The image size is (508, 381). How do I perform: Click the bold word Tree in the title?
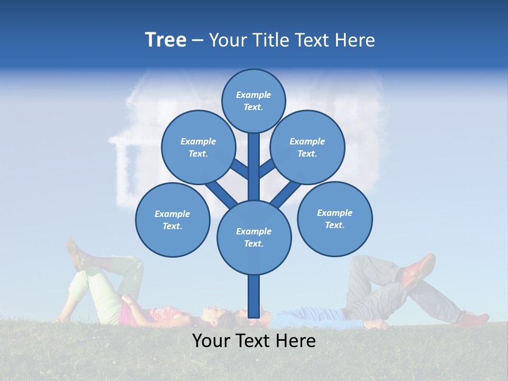[x=166, y=40]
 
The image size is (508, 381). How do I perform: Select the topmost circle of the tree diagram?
[x=253, y=101]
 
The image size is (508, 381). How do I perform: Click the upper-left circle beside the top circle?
[x=198, y=147]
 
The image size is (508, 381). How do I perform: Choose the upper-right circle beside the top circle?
[x=307, y=147]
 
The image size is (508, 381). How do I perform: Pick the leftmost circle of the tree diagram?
[x=173, y=220]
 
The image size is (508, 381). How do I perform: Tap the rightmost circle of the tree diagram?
[x=334, y=219]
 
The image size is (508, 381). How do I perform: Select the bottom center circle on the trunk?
[x=254, y=237]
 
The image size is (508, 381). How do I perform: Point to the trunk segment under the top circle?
[x=254, y=164]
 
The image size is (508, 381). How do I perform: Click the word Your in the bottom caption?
[x=211, y=340]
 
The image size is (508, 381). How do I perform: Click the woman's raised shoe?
[x=74, y=253]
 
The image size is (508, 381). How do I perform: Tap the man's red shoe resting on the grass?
[x=473, y=319]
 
